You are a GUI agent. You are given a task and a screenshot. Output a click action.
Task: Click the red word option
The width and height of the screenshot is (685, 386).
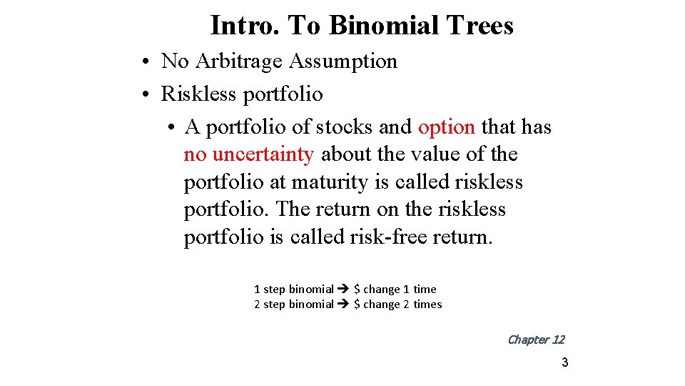click(446, 127)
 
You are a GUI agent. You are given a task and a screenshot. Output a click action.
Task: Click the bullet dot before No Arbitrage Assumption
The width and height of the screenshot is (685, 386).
click(145, 62)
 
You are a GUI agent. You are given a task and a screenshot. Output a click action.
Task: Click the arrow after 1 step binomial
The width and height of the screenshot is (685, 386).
click(343, 289)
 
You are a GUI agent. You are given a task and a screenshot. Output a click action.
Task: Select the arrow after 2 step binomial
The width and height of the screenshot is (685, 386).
click(343, 305)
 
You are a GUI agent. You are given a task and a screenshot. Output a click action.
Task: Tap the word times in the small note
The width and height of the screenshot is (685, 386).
click(427, 305)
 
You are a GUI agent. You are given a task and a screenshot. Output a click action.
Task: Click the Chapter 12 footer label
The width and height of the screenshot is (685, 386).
click(535, 340)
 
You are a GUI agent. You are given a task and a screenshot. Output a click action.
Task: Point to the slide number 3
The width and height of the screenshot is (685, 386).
click(564, 362)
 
